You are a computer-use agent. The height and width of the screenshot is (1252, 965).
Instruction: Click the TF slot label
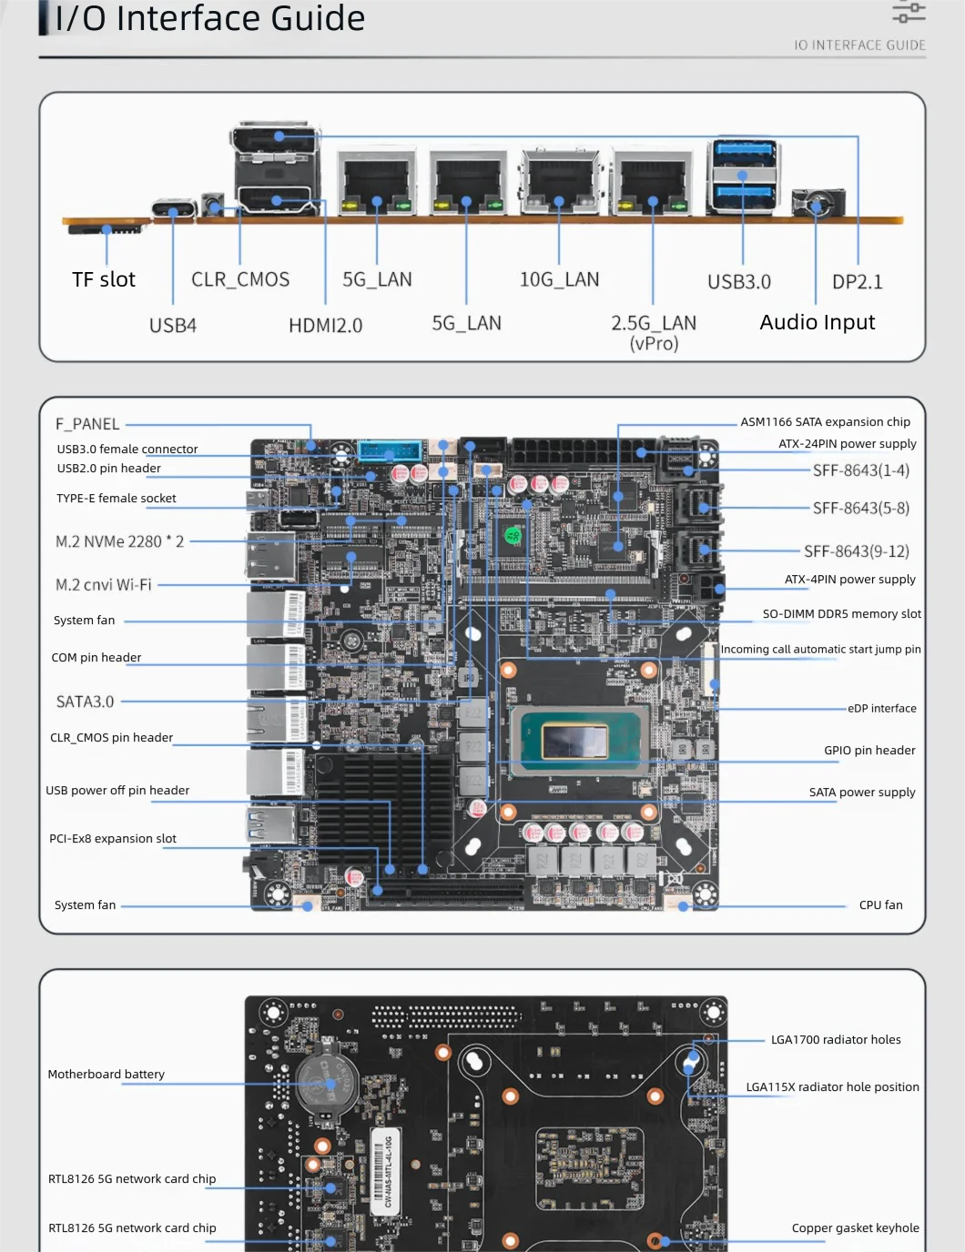(x=104, y=279)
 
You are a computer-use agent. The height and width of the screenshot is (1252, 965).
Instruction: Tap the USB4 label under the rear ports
(x=173, y=326)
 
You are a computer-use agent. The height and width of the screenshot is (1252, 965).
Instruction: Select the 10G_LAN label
(x=559, y=279)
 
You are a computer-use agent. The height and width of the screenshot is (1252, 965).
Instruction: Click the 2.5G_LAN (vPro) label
(x=654, y=332)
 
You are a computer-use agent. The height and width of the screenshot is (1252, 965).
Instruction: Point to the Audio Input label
(x=818, y=322)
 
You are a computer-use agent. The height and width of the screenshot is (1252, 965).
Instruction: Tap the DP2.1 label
(x=858, y=282)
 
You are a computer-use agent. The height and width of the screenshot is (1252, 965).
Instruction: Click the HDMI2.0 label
(x=325, y=326)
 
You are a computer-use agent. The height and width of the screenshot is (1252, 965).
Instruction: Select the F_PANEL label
(x=87, y=424)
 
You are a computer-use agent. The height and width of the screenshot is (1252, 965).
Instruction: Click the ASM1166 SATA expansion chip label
(x=825, y=422)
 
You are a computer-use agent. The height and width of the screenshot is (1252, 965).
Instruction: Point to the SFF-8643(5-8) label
(x=860, y=509)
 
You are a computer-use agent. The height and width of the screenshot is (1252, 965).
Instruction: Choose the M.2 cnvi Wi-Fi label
(x=104, y=585)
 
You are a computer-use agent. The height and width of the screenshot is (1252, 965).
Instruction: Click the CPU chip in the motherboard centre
(x=574, y=741)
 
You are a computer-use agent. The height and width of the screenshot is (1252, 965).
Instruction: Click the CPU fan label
(x=880, y=905)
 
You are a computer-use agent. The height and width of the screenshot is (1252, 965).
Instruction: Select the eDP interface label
(x=881, y=709)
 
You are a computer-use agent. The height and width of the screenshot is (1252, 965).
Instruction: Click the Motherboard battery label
(x=107, y=1075)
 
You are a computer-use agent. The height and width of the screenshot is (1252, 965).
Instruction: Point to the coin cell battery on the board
(x=328, y=1082)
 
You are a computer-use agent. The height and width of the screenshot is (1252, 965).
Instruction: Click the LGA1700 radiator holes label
(x=836, y=1040)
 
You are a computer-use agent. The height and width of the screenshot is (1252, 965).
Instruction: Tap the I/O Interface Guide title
(x=209, y=18)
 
